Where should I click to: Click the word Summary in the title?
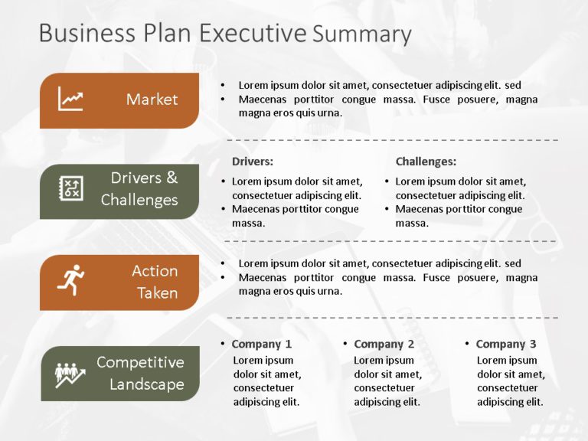click(x=362, y=34)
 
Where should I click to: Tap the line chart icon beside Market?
click(x=70, y=100)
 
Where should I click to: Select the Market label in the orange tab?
click(x=152, y=100)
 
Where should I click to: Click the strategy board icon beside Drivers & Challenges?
click(x=70, y=189)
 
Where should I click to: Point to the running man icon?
click(x=70, y=280)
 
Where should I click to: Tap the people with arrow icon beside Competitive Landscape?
click(x=70, y=373)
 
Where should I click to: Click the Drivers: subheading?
click(x=252, y=162)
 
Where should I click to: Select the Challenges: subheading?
click(x=426, y=162)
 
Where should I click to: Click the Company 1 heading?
click(x=261, y=344)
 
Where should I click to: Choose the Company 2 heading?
click(x=384, y=344)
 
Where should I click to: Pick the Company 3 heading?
click(x=506, y=344)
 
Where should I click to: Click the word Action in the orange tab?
click(x=155, y=271)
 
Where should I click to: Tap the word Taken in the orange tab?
click(x=157, y=292)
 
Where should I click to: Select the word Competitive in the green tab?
click(x=140, y=362)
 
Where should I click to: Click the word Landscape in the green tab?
click(x=146, y=384)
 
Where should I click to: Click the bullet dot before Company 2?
click(x=345, y=344)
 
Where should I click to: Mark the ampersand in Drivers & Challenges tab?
click(x=171, y=178)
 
